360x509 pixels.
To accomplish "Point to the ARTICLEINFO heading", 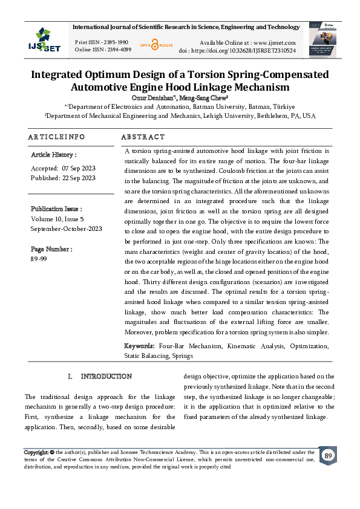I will pyautogui.click(x=56, y=137).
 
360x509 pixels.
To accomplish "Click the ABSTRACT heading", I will pyautogui.click(x=143, y=137).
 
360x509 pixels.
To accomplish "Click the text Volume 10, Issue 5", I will pyautogui.click(x=57, y=219).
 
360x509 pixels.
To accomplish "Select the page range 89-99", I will pyautogui.click(x=39, y=259).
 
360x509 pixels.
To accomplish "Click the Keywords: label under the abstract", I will pyautogui.click(x=140, y=346).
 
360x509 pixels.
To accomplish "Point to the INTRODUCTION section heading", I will pyautogui.click(x=106, y=376).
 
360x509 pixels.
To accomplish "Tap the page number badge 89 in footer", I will pyautogui.click(x=328, y=456).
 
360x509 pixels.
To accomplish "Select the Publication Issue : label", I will pyautogui.click(x=56, y=209).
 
